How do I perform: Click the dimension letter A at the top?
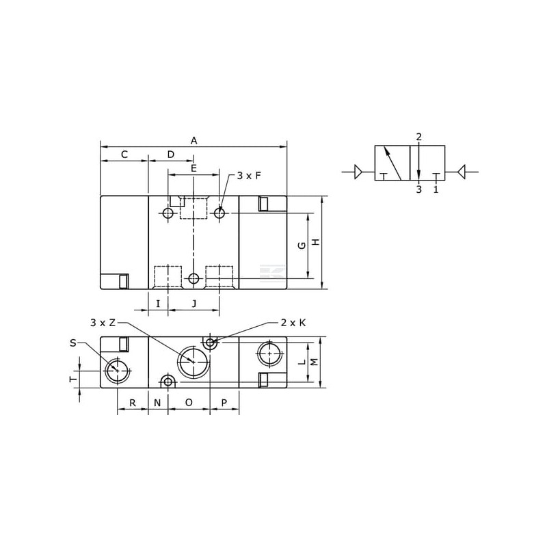pyautogui.click(x=194, y=141)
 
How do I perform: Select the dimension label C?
pyautogui.click(x=124, y=155)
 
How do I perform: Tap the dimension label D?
pyautogui.click(x=170, y=155)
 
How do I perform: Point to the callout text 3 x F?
pyautogui.click(x=249, y=176)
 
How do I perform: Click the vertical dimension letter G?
pyautogui.click(x=302, y=245)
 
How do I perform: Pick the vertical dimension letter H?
pyautogui.click(x=316, y=242)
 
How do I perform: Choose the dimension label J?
pyautogui.click(x=194, y=304)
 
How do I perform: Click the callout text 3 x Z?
pyautogui.click(x=103, y=323)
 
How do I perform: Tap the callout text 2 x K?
pyautogui.click(x=293, y=323)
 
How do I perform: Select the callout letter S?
pyautogui.click(x=73, y=343)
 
